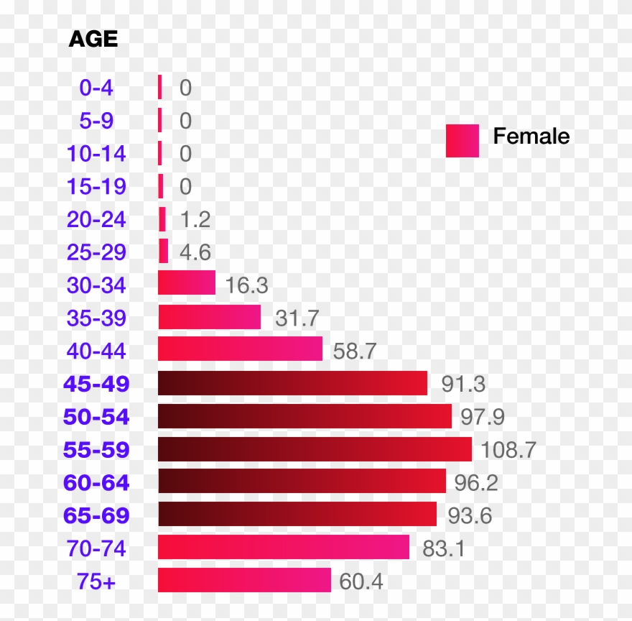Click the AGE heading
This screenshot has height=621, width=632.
click(x=93, y=39)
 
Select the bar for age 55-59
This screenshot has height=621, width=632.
click(x=315, y=449)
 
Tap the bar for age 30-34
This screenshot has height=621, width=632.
click(x=187, y=282)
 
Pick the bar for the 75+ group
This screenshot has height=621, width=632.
click(x=244, y=580)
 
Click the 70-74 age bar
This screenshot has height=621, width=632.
click(x=284, y=547)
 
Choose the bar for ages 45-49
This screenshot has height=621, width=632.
click(x=292, y=383)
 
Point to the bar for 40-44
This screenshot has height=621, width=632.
click(x=240, y=349)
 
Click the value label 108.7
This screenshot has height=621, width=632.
click(x=508, y=450)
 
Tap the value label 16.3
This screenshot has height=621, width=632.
click(x=246, y=285)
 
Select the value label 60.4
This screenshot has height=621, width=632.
click(x=361, y=581)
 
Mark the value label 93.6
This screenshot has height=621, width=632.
click(x=470, y=515)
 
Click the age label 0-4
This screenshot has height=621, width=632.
click(x=96, y=88)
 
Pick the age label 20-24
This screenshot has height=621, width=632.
click(x=96, y=219)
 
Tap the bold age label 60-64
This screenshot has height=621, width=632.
click(x=96, y=482)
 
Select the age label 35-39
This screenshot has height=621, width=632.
click(x=96, y=317)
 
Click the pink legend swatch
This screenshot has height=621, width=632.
click(x=462, y=140)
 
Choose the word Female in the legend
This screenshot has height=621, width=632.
click(x=531, y=137)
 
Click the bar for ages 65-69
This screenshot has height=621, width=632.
click(x=297, y=514)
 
